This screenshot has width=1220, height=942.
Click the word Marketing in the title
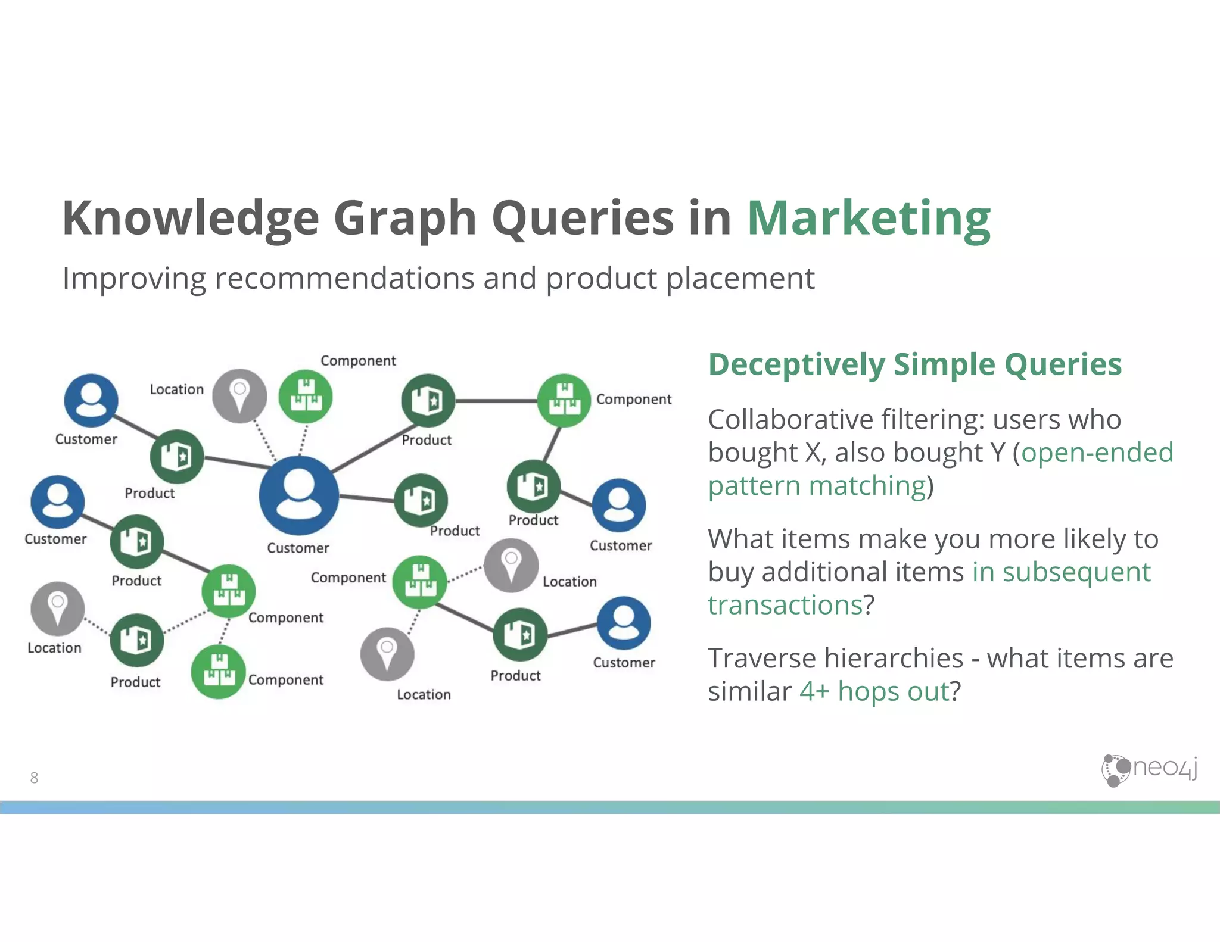pos(868,218)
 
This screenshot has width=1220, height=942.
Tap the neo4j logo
pos(1149,770)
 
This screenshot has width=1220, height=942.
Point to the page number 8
pos(34,778)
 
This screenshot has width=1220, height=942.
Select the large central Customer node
pos(298,495)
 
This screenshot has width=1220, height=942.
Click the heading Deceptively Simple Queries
pos(914,364)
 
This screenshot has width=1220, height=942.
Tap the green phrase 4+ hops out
pos(874,691)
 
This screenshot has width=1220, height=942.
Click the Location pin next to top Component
pos(239,396)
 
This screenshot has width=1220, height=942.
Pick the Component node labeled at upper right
pos(564,400)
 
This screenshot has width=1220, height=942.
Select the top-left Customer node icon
pos(91,400)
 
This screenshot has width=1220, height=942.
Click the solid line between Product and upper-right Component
pos(496,401)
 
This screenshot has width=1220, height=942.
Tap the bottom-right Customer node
pos(623,623)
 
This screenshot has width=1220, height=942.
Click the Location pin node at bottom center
pos(387,654)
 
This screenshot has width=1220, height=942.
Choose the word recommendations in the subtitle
pos(344,278)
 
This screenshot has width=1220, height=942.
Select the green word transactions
pos(785,605)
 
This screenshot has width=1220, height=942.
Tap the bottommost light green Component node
pos(218,672)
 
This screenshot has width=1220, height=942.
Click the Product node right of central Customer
pos(421,500)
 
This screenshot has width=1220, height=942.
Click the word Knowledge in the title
pos(191,218)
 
